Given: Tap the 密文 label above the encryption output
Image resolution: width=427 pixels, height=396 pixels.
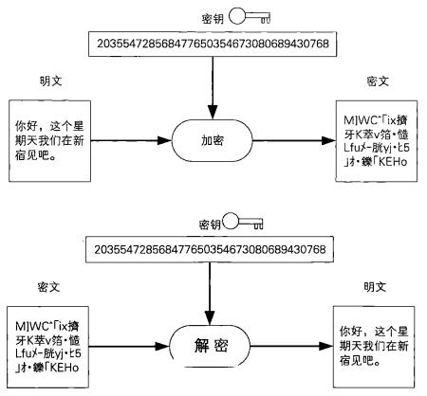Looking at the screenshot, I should pyautogui.click(x=377, y=83).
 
